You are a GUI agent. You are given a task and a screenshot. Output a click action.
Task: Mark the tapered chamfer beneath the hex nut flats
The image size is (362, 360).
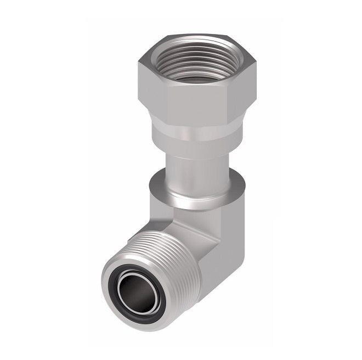click(x=189, y=122)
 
